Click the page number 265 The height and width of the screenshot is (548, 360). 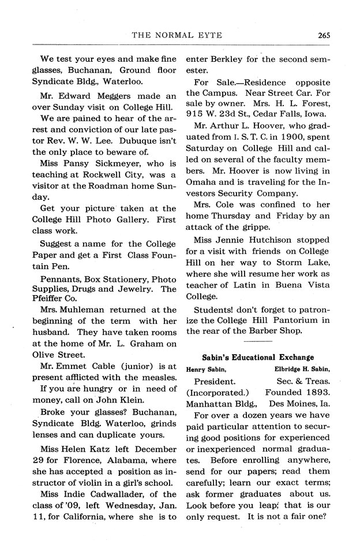coord(322,34)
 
